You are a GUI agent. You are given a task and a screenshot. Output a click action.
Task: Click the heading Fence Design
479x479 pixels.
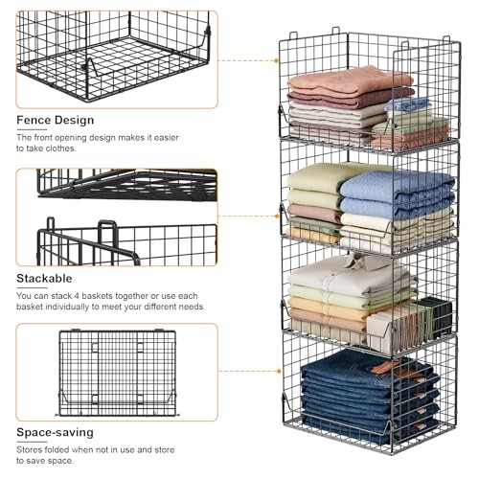pyautogui.click(x=55, y=120)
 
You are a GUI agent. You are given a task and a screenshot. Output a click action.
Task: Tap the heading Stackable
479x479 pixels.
pyautogui.click(x=44, y=278)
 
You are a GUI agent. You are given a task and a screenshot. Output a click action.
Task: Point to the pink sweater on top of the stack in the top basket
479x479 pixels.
pyautogui.click(x=350, y=80)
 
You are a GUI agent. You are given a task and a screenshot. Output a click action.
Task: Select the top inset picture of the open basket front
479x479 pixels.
pyautogui.click(x=116, y=57)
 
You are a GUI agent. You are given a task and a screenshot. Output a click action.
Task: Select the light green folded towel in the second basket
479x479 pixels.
pyautogui.click(x=316, y=178)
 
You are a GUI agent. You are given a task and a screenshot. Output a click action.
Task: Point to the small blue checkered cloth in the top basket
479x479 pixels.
pyautogui.click(x=408, y=103)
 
